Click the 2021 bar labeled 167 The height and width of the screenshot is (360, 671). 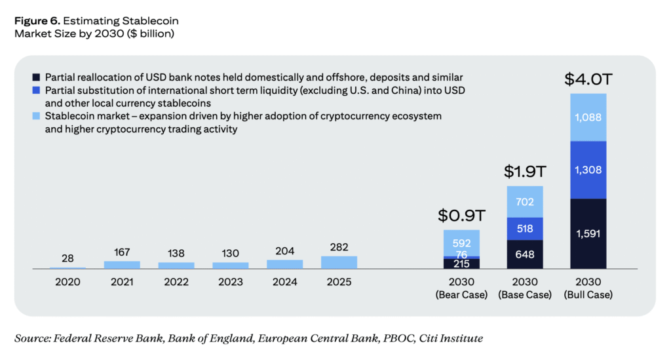coord(122,265)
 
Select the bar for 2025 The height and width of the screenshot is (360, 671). coord(339,262)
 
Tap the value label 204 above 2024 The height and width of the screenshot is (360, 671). coord(284,250)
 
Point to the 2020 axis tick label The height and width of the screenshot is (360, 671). coord(67,282)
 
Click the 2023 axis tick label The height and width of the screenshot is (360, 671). coord(230,282)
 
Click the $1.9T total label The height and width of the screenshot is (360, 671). coord(525,172)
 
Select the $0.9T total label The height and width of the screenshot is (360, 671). coord(461,215)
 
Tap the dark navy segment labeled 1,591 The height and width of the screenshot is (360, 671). coord(588,233)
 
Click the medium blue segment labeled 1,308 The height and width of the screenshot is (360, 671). coord(588,170)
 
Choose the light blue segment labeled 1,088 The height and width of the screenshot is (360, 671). coord(588,117)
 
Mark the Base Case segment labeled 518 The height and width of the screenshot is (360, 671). coord(525,229)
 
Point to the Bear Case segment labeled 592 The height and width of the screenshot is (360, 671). coord(461,243)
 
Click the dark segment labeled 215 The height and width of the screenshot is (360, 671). coord(461,263)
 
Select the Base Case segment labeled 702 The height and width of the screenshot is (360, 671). coord(525,202)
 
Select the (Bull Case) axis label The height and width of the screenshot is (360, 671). coord(588,294)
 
